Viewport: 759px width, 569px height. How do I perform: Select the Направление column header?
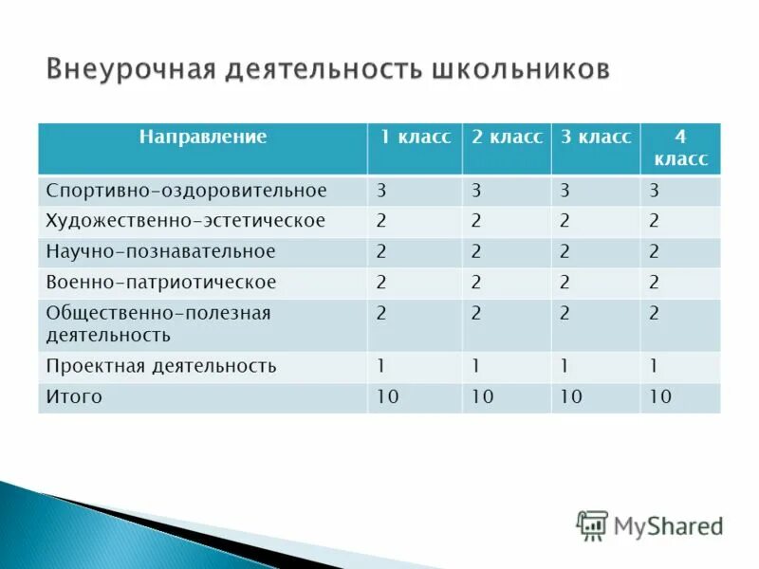(203, 138)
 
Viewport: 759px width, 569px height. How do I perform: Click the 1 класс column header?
(415, 138)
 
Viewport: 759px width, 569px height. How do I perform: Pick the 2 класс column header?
(507, 138)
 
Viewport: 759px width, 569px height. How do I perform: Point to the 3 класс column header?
(595, 138)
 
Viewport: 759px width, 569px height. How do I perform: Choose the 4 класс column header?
(679, 148)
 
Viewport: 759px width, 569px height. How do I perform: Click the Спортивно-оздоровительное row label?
(187, 191)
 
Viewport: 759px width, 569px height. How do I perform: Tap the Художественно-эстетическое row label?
(186, 221)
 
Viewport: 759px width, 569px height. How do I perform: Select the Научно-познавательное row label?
(161, 251)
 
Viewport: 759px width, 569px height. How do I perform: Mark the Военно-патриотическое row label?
(161, 282)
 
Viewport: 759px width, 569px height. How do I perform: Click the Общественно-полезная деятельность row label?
(158, 323)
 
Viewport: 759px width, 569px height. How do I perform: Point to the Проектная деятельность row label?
(161, 366)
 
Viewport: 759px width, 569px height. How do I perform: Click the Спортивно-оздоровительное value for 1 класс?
(381, 191)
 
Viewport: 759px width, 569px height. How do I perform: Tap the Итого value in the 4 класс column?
(660, 397)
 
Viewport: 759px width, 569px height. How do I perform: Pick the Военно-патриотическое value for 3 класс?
(565, 282)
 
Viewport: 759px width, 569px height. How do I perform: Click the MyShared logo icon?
(592, 524)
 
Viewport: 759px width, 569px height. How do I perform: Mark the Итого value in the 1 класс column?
(387, 397)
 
